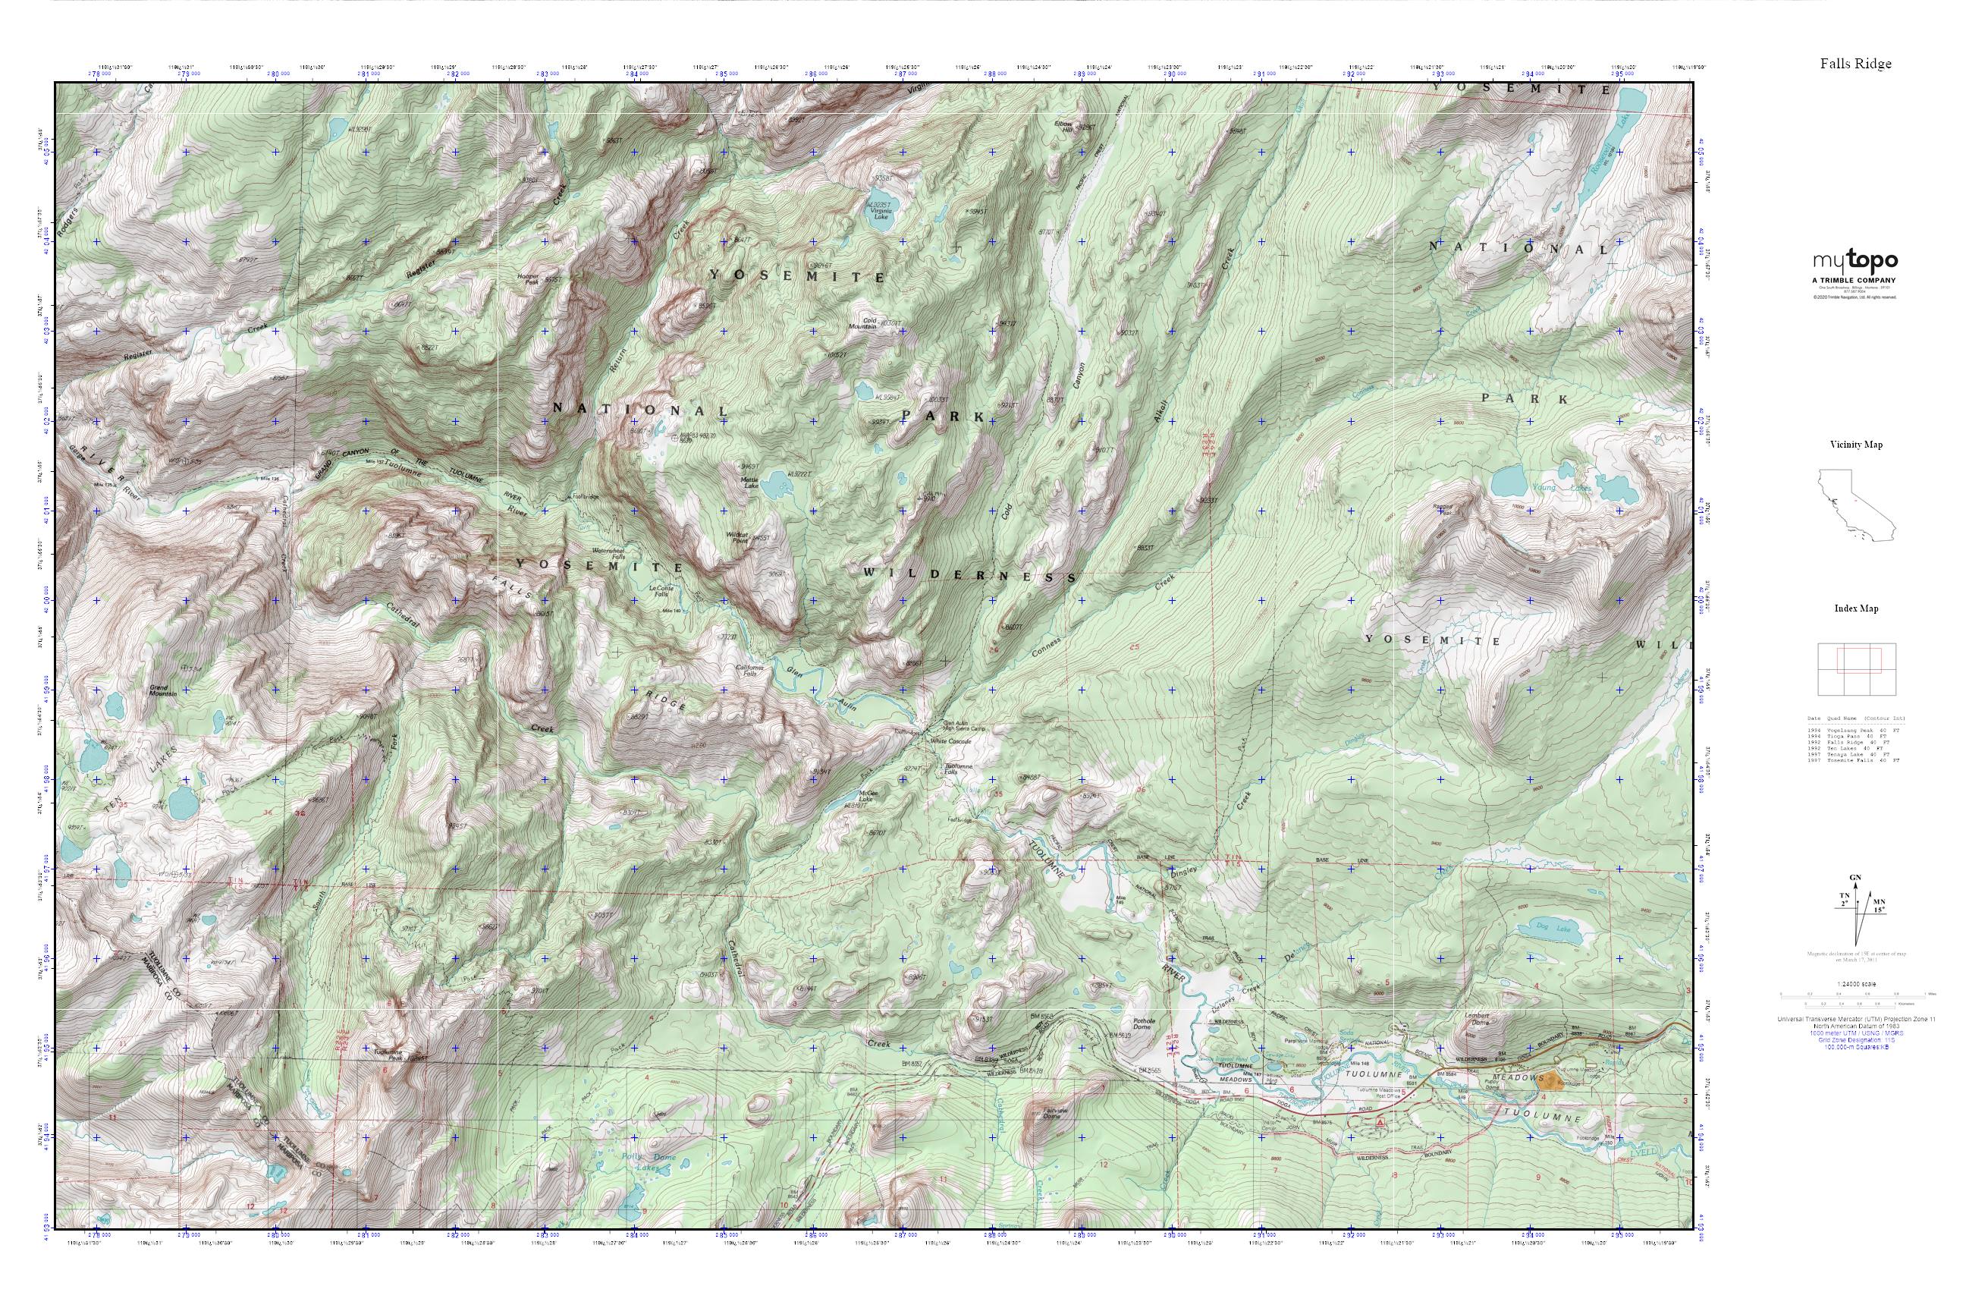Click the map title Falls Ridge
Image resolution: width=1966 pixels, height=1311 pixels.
pyautogui.click(x=1856, y=64)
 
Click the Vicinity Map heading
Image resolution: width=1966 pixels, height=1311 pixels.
pyautogui.click(x=1856, y=444)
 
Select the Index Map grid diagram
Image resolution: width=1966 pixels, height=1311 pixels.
pyautogui.click(x=1856, y=669)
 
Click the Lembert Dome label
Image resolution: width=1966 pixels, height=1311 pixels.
pyautogui.click(x=1478, y=1019)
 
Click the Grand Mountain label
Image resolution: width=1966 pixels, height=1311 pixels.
pyautogui.click(x=162, y=690)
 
